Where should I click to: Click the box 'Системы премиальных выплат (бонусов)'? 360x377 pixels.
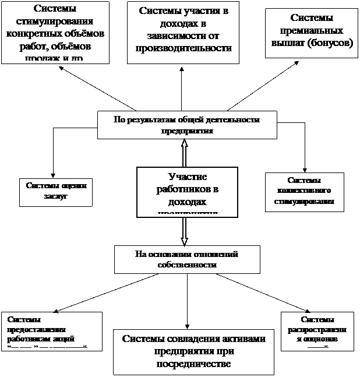click(313, 33)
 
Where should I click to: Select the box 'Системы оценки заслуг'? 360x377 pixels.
click(57, 191)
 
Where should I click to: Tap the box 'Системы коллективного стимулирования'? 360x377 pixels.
click(303, 191)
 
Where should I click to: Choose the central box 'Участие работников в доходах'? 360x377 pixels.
click(187, 191)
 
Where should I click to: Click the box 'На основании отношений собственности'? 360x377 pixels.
click(186, 259)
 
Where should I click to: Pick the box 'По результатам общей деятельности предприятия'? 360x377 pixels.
click(187, 125)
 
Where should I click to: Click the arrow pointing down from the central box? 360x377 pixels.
click(185, 229)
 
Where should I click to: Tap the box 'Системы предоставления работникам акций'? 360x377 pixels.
click(51, 330)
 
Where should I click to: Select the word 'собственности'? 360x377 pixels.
click(187, 265)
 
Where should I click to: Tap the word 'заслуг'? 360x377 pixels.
click(56, 196)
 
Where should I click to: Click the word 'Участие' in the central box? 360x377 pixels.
click(187, 177)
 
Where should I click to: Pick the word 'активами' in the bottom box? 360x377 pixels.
click(240, 340)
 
